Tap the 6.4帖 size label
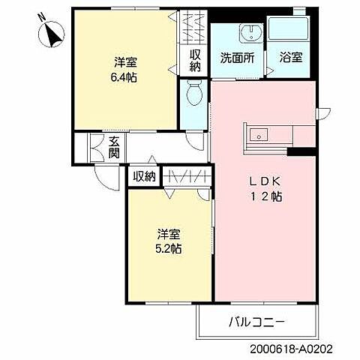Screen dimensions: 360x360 [124, 76]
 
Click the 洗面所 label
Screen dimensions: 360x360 [236, 57]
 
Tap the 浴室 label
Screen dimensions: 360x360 [289, 57]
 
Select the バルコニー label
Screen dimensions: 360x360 [256, 323]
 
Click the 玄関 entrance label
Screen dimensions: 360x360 [114, 147]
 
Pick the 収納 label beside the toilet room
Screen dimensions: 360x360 [195, 59]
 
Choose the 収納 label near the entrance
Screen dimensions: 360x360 [144, 177]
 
